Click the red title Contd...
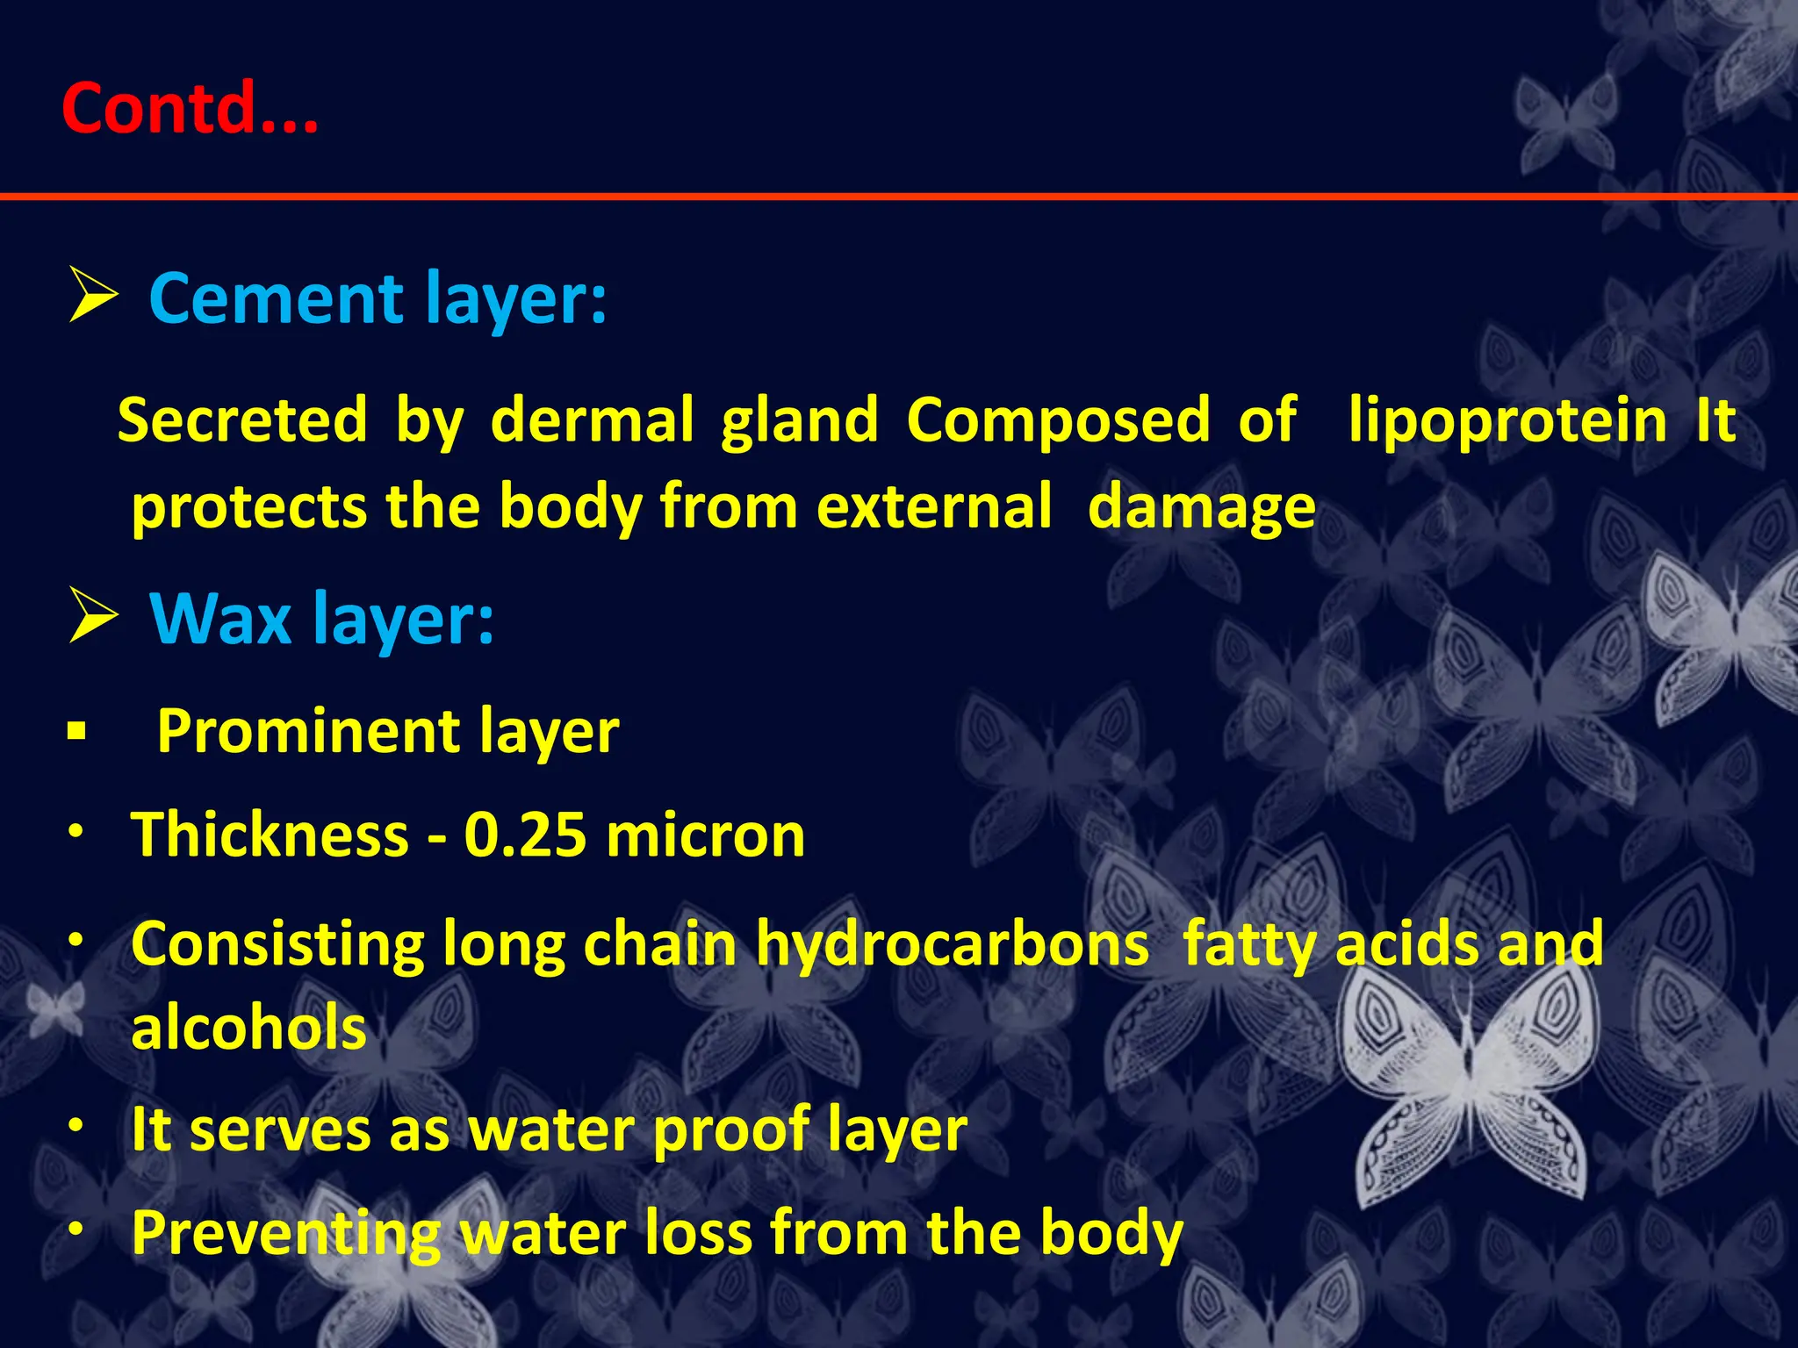pos(189,108)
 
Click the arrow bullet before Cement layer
pos(92,297)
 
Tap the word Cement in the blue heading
pos(276,298)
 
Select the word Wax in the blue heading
pos(219,620)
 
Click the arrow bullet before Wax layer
pos(92,617)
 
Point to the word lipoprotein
pos(1507,421)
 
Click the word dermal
pos(593,419)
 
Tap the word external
pos(933,507)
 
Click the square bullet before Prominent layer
pos(76,730)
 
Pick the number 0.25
pos(525,835)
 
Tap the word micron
pos(705,835)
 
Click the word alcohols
pos(248,1029)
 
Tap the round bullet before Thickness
pos(77,830)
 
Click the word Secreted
pos(242,419)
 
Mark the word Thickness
pos(270,835)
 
